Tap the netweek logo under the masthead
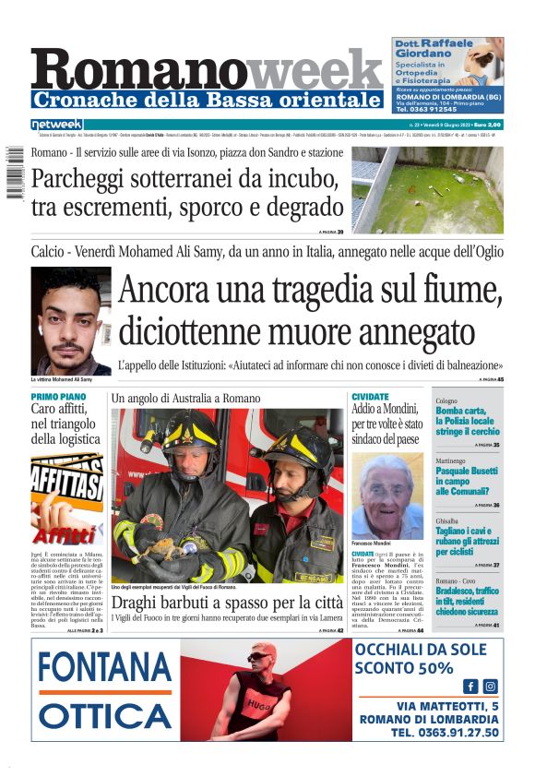57,125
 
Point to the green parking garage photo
427,188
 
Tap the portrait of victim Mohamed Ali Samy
70,321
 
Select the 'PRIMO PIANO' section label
58,397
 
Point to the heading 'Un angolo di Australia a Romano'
185,398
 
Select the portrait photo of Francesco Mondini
387,495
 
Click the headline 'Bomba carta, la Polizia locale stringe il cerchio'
468,421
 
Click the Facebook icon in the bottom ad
470,686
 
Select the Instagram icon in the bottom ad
490,686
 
